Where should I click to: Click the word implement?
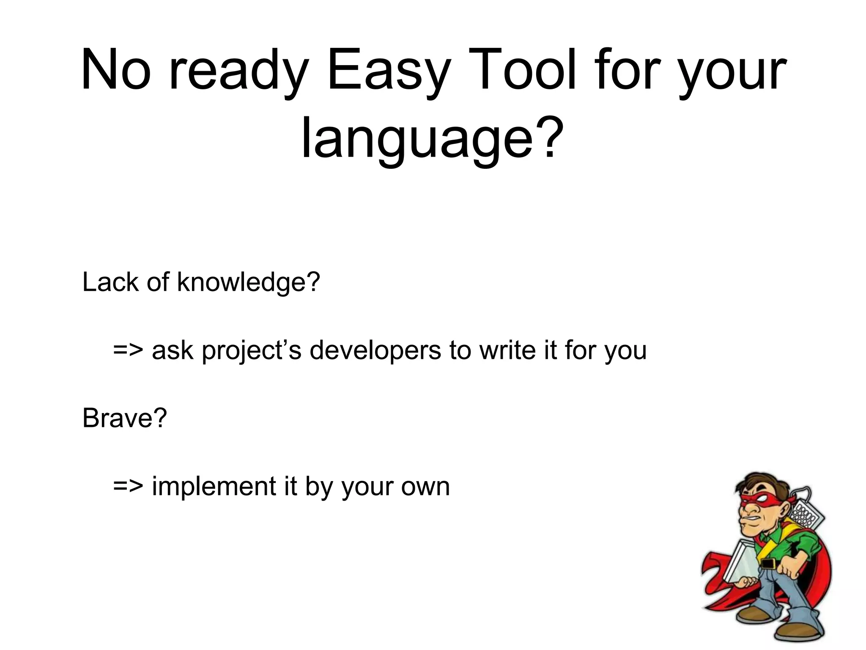click(214, 487)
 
